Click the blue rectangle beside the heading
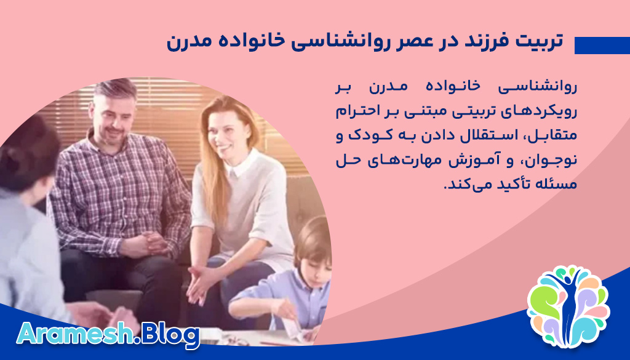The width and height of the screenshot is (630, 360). [602, 46]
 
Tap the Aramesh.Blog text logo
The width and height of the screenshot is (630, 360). [108, 335]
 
